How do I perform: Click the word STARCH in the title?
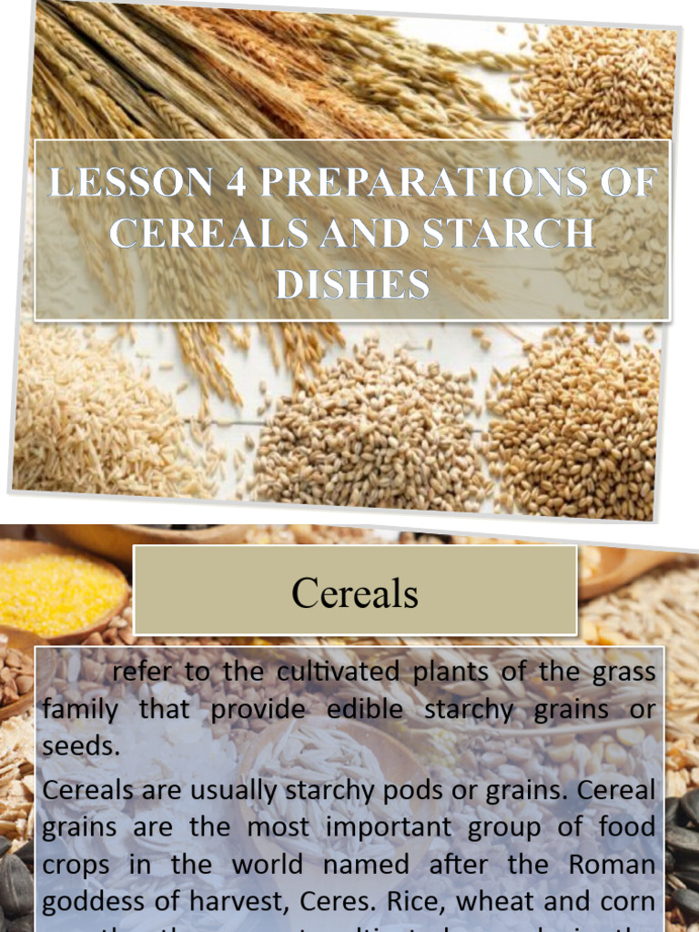point(518,233)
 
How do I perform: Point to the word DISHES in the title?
point(352,284)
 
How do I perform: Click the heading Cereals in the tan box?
point(355,593)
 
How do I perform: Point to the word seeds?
point(81,747)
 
